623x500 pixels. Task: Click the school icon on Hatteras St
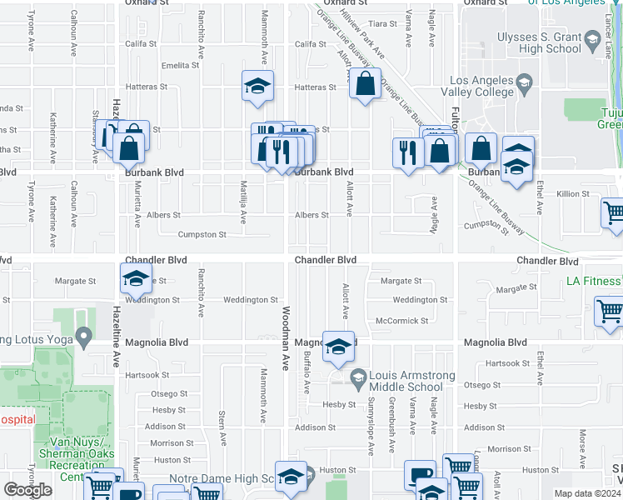tap(257, 86)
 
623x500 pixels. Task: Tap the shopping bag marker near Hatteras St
tap(365, 84)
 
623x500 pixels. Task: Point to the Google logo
tap(27, 490)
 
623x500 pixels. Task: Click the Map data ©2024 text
tap(587, 493)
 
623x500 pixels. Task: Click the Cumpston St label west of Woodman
tap(202, 235)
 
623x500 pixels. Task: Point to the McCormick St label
tap(401, 321)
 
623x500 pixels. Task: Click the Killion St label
tap(573, 194)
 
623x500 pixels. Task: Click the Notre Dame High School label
tap(222, 479)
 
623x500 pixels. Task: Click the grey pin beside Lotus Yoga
tap(82, 337)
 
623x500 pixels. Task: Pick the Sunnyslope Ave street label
tap(371, 447)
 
